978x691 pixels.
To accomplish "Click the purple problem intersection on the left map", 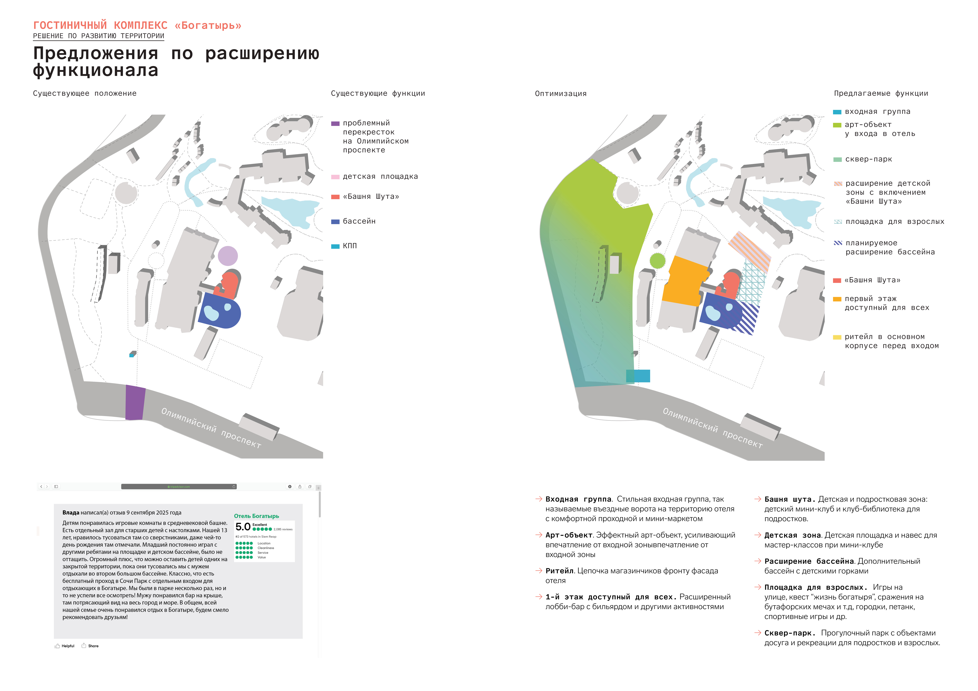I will click(x=135, y=402).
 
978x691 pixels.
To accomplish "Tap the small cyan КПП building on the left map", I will click(x=132, y=354).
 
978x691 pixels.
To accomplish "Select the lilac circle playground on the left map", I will click(x=228, y=256).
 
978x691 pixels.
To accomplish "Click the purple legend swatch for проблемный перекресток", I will click(x=335, y=123).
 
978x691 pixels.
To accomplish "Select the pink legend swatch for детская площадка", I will click(x=335, y=177).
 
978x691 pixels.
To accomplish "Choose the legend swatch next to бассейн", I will click(x=335, y=221).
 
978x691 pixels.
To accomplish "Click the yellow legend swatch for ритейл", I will click(x=837, y=337).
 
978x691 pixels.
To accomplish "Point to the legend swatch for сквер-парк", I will click(x=837, y=160).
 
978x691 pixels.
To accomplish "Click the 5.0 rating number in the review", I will click(x=243, y=527).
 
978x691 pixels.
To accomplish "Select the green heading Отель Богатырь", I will click(x=256, y=516).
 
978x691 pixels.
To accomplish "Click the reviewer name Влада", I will click(x=71, y=513).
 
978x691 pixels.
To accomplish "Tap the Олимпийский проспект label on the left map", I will click(x=211, y=428).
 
